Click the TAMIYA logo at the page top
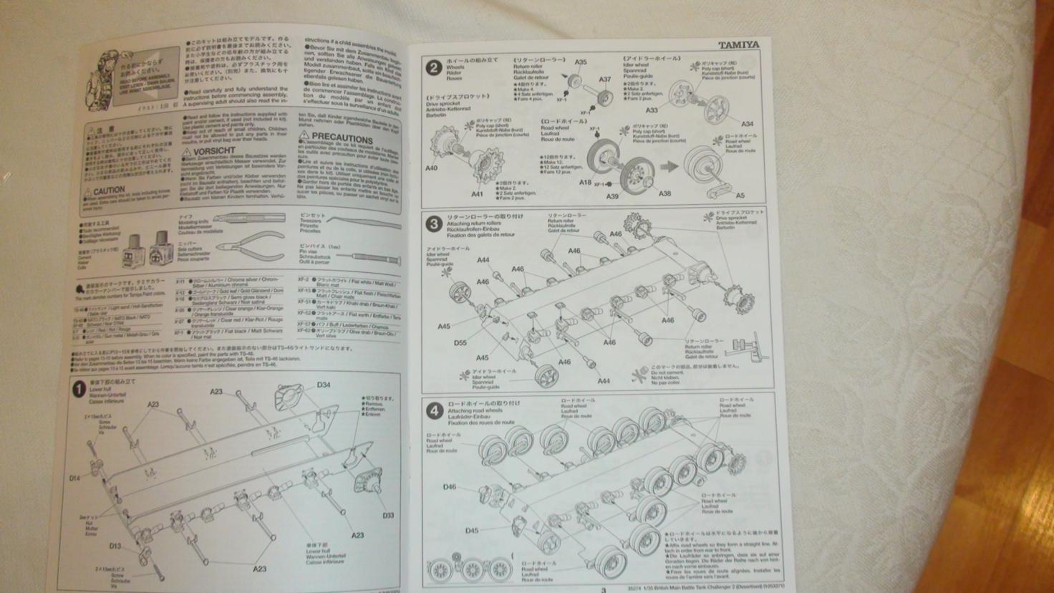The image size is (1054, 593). coord(739,44)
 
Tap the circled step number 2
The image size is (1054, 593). coord(432,68)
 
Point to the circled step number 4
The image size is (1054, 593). coord(434,411)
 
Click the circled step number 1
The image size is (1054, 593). coord(79,390)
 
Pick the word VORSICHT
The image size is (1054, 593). coord(213,151)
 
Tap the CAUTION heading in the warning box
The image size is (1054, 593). coord(108,191)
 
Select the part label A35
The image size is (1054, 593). coord(580,62)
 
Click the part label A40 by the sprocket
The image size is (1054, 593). coord(430,168)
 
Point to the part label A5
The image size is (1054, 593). coord(740,195)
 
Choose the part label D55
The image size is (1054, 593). coord(460,343)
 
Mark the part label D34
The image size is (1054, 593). coord(324,385)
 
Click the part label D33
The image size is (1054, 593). coord(387,515)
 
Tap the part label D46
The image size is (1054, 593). coord(449,487)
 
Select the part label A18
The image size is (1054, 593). coord(585,183)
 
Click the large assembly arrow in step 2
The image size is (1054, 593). coord(669,166)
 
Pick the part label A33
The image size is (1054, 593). coord(651,110)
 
